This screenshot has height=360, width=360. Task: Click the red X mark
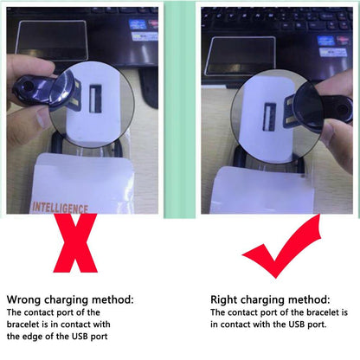[x=75, y=243]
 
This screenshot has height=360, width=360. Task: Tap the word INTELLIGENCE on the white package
[x=60, y=208]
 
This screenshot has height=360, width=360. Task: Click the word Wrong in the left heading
[x=23, y=299]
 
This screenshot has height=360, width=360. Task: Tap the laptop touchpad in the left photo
[x=52, y=41]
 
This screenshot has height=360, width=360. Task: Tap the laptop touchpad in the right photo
[x=241, y=55]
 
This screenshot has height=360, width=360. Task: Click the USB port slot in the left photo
[x=95, y=99]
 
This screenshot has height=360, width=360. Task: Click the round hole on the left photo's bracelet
[x=28, y=85]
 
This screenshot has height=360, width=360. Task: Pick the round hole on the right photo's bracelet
[x=343, y=110]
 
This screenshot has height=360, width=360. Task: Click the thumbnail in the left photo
[x=42, y=119]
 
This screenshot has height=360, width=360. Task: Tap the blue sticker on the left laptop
[x=138, y=24]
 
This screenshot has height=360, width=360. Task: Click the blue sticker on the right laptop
[x=325, y=41]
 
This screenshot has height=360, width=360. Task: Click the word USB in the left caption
[x=80, y=337]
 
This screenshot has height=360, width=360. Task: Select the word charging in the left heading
[x=67, y=300]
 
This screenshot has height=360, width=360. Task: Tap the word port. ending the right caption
[x=317, y=325]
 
